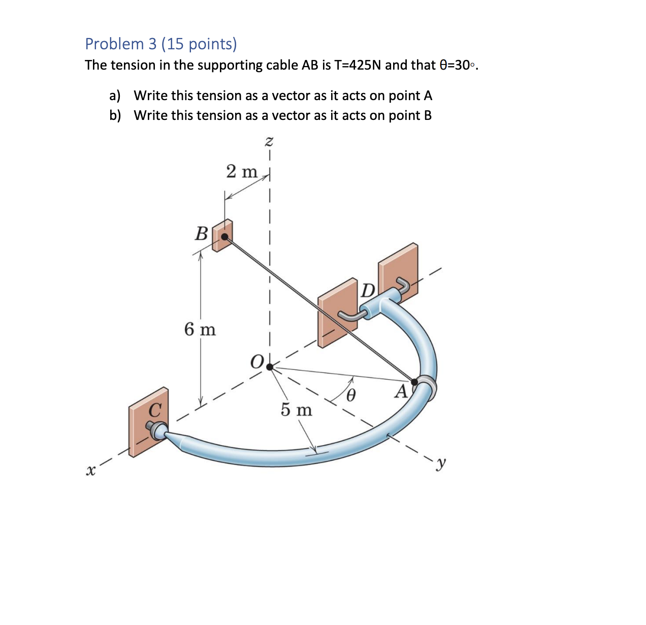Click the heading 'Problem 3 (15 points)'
click(x=160, y=44)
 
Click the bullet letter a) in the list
click(x=115, y=96)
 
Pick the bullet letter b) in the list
click(x=115, y=116)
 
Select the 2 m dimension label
click(x=242, y=172)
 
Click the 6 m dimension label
click(x=200, y=330)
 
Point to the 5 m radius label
click(x=297, y=410)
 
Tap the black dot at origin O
click(x=270, y=366)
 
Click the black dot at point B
click(x=224, y=236)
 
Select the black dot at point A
click(x=414, y=382)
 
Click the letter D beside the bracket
click(x=368, y=290)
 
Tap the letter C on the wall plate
click(x=155, y=409)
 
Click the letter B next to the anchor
click(x=202, y=234)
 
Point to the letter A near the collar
click(x=401, y=392)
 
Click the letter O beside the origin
click(x=257, y=362)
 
